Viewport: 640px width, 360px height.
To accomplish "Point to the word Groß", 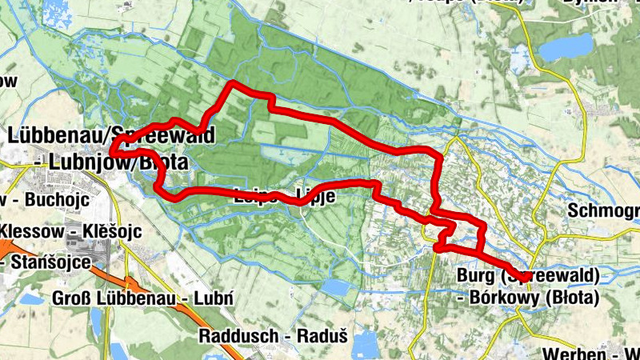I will pos(70,298).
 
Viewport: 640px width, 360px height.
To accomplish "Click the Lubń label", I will pos(215,298).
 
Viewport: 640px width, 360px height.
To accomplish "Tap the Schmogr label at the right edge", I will pos(603,211).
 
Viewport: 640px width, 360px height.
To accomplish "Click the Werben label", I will pos(570,354).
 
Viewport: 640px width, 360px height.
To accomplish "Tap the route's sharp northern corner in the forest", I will pos(233,84).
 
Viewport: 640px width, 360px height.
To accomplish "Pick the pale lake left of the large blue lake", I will pos(521,58).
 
